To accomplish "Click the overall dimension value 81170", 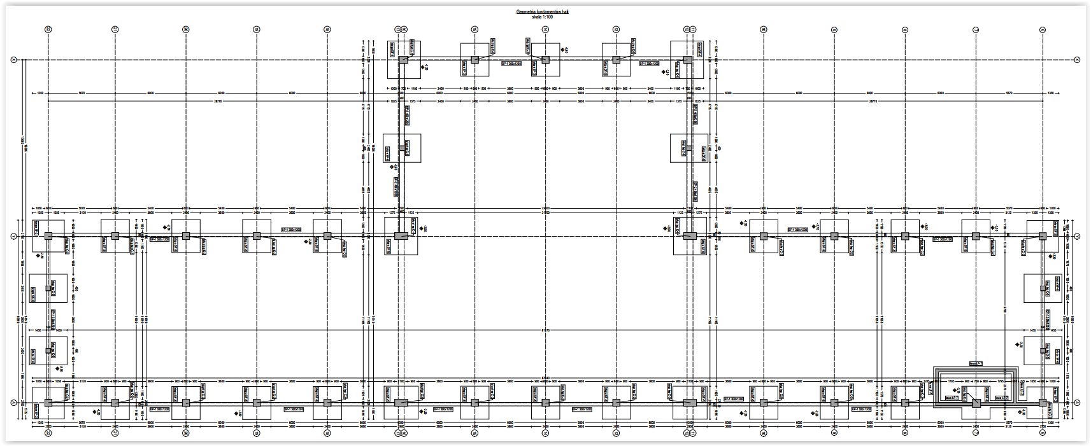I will coord(545,330).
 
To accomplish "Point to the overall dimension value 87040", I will coord(545,378).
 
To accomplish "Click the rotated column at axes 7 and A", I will coord(976,403).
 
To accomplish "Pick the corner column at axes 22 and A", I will coord(48,403).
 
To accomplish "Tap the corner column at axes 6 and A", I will coord(1043,403).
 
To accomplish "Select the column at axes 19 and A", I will coord(257,403).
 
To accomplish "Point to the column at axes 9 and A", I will coord(834,403).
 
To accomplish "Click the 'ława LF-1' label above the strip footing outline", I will coord(976,364).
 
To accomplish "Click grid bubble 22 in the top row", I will coord(48,29).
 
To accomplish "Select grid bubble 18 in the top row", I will coord(327,29).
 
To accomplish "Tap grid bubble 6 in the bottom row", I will coord(1043,433).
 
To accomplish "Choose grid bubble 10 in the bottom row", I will coord(764,433).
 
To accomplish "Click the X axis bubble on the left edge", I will coord(13,60).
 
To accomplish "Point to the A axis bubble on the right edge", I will coord(1077,403).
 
